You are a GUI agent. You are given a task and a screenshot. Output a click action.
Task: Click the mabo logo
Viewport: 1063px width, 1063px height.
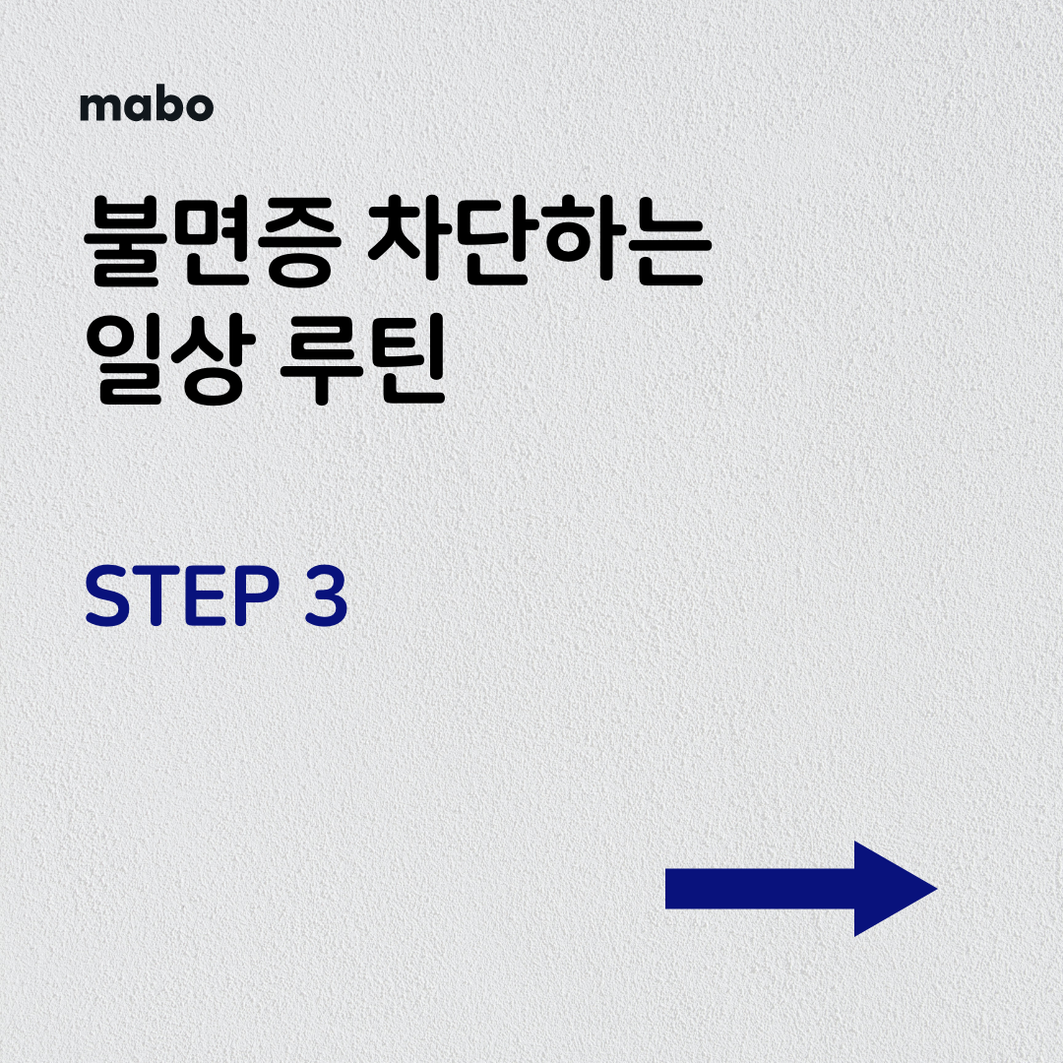147,105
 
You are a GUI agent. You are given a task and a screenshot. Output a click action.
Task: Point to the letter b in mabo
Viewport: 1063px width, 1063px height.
166,105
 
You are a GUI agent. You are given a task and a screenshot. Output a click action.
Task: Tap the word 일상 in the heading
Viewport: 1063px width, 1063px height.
170,358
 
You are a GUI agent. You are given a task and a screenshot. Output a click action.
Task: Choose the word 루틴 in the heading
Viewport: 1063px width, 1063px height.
362,358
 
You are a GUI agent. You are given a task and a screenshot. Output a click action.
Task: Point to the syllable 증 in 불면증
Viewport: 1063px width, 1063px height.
298,241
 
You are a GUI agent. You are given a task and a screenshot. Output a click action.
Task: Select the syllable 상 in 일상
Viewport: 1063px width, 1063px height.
213,359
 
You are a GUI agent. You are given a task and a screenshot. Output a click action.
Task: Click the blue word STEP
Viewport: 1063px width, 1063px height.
182,595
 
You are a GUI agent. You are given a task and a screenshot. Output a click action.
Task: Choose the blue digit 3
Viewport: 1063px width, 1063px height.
326,595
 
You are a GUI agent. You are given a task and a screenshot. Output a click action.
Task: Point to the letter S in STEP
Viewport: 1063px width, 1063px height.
107,595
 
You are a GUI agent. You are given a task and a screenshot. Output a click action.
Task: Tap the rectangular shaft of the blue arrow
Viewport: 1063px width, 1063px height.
760,889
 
